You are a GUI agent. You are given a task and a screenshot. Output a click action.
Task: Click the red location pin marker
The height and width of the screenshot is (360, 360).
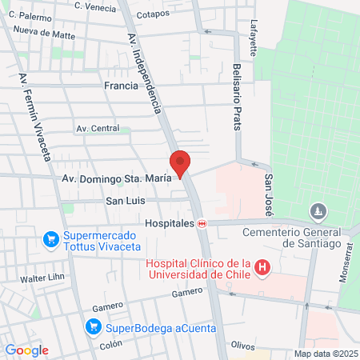click(x=181, y=163)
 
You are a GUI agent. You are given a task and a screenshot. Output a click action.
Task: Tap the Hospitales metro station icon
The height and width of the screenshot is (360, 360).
click(x=202, y=224)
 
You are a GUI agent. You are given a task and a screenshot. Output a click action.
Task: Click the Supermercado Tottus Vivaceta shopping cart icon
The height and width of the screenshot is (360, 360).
click(x=50, y=238)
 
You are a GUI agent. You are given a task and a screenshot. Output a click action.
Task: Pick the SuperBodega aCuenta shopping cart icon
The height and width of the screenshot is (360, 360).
click(x=94, y=326)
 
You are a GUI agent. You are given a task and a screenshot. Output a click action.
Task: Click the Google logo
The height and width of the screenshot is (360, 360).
click(x=26, y=350)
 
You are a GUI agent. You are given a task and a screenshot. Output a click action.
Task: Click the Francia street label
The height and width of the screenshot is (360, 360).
click(x=121, y=84)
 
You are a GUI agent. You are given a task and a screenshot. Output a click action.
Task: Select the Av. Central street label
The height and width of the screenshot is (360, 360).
click(x=98, y=128)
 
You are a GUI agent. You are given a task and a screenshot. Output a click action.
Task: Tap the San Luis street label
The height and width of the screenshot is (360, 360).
click(x=125, y=201)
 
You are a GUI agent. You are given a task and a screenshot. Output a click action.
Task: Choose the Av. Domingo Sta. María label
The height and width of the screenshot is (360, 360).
click(x=116, y=178)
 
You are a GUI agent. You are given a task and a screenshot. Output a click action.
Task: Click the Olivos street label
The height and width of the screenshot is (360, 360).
click(x=242, y=345)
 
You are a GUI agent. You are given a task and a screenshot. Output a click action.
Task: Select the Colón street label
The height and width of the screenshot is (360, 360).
click(x=111, y=345)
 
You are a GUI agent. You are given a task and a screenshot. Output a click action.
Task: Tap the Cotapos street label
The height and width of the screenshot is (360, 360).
click(x=153, y=14)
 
